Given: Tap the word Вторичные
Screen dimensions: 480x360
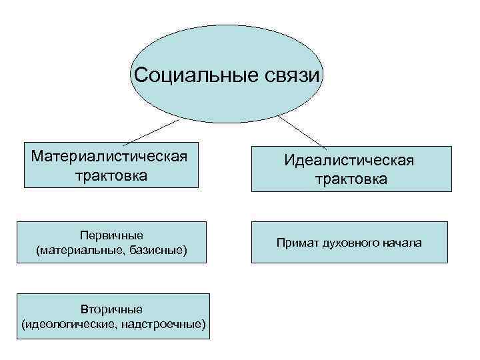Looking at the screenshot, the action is click(x=112, y=309).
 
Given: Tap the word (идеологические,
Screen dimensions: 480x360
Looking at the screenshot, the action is click(x=64, y=324).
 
